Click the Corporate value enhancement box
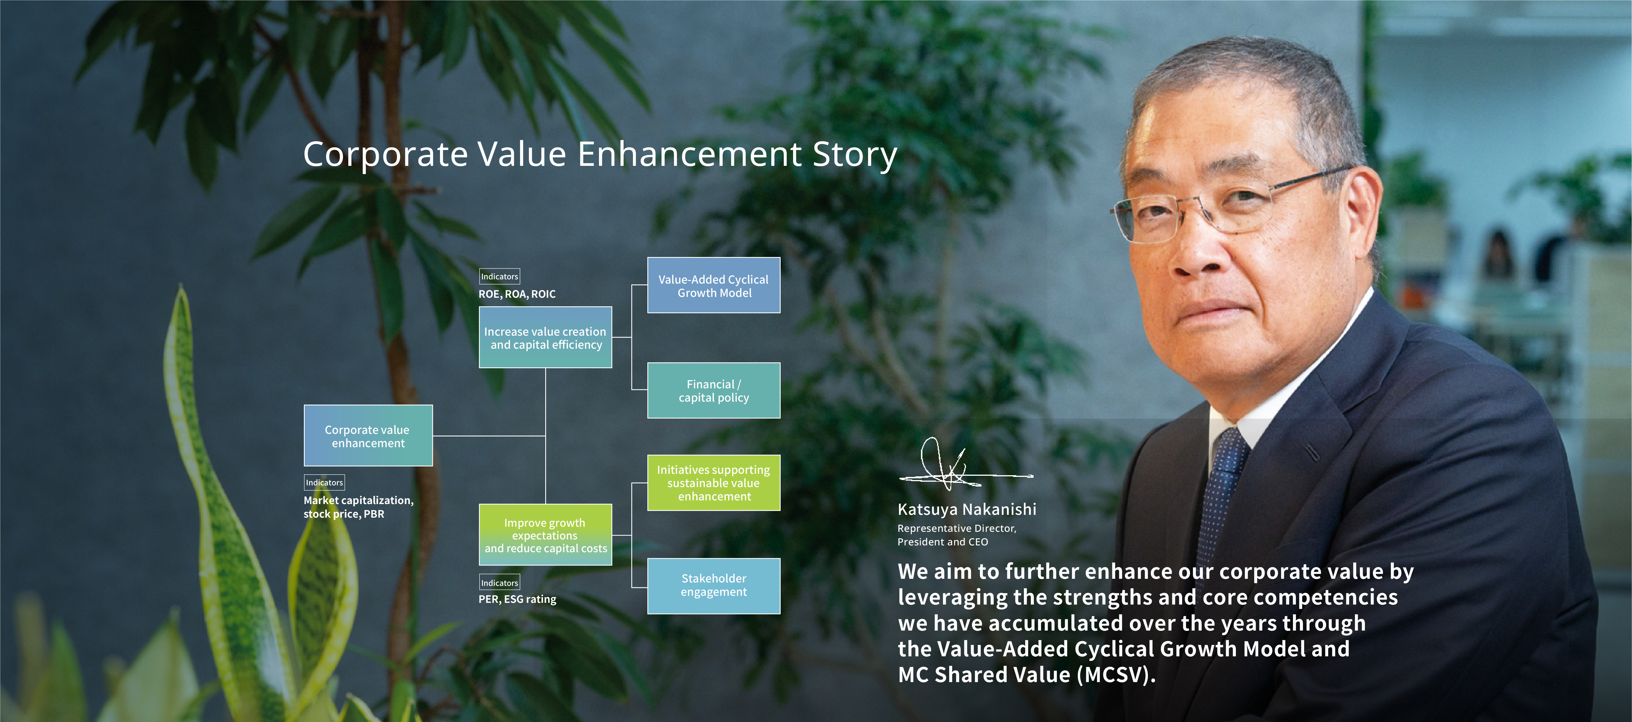(368, 436)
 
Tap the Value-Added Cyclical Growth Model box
(713, 285)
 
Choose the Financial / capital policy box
(713, 391)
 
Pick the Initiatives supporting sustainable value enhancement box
(713, 482)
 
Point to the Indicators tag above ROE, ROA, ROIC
(499, 277)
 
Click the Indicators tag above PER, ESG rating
(499, 582)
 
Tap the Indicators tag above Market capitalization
(324, 482)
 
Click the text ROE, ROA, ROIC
(517, 294)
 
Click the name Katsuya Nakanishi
(967, 509)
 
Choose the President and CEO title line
(943, 542)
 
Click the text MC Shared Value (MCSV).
(1026, 674)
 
